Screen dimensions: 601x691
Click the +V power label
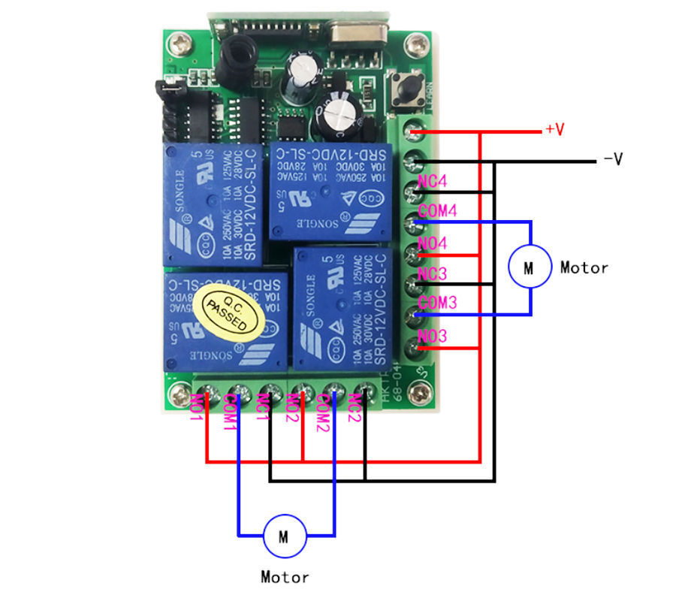555,130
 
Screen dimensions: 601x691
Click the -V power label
613,159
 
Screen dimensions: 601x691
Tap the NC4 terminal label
433,182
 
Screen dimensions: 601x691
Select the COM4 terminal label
437,212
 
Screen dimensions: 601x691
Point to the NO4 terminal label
433,243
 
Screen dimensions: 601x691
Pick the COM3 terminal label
437,303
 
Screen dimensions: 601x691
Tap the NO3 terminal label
433,335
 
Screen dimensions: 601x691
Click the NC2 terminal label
355,408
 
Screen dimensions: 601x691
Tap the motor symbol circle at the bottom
284,536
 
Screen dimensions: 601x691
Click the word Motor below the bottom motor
285,577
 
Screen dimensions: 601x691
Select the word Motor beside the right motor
584,267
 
